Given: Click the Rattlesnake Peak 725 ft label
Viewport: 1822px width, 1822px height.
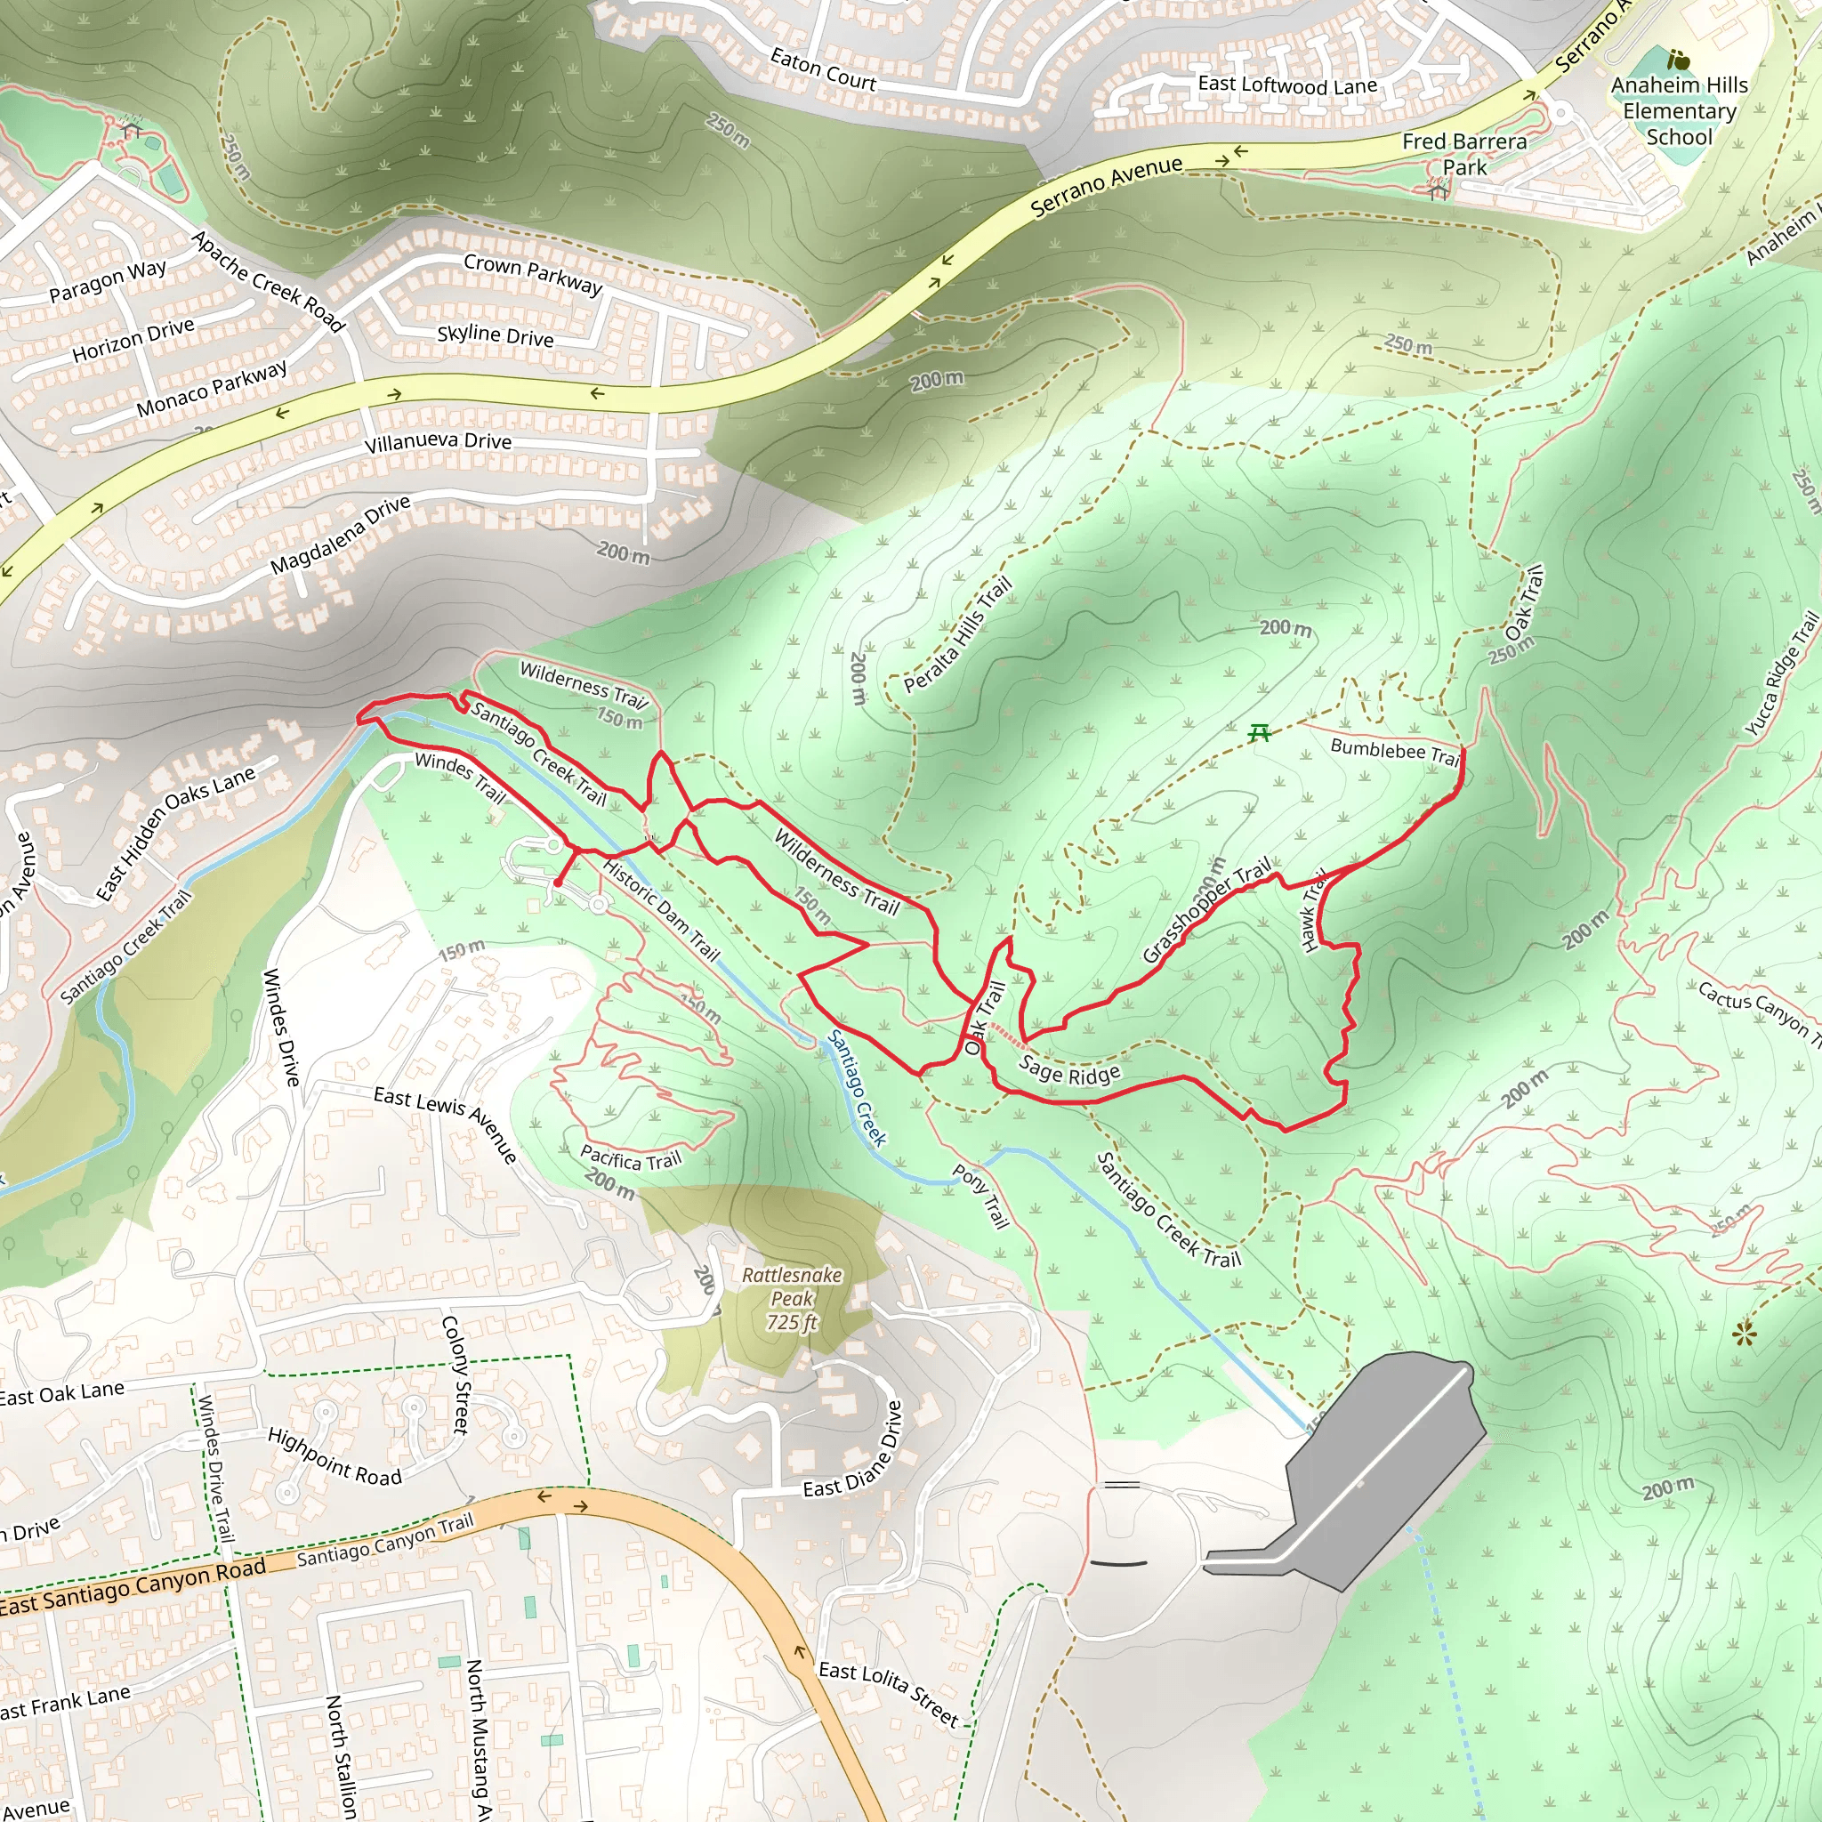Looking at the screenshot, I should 791,1299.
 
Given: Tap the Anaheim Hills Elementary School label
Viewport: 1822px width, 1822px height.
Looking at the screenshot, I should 1679,110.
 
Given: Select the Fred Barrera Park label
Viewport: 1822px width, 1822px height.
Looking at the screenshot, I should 1463,154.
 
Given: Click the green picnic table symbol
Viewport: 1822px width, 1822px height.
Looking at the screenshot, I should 1259,733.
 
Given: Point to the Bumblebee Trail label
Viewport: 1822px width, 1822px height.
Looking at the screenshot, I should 1395,752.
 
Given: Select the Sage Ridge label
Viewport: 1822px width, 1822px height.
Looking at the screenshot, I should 1069,1070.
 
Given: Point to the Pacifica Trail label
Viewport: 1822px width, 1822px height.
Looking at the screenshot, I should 630,1157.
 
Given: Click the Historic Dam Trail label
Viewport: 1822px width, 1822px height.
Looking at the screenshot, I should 661,909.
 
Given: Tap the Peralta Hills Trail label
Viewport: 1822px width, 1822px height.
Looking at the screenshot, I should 957,633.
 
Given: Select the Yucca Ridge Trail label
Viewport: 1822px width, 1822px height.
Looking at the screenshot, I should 1780,673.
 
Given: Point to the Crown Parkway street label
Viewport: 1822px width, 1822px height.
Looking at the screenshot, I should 533,273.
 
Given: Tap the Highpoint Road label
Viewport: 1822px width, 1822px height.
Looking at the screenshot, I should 335,1457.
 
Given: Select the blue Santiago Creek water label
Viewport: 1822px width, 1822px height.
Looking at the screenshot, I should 857,1087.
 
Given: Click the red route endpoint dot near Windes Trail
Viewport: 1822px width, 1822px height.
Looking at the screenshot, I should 559,883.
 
